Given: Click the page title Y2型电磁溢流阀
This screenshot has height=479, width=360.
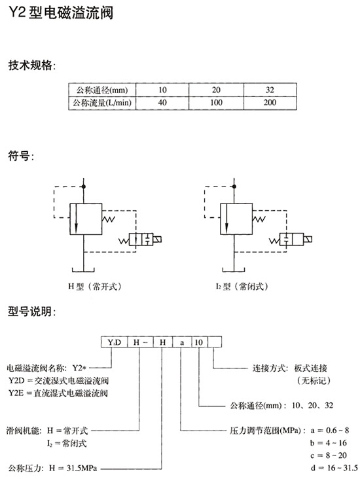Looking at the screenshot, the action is (x=61, y=13).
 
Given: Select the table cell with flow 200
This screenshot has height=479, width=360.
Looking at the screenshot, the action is (x=270, y=103).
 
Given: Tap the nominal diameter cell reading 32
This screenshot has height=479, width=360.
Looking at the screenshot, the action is (x=270, y=90).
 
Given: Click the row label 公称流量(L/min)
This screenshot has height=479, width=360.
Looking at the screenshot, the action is (x=102, y=103).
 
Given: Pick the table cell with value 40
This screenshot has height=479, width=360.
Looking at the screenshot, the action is (x=162, y=103).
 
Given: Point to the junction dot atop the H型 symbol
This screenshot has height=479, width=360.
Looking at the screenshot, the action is (x=84, y=186).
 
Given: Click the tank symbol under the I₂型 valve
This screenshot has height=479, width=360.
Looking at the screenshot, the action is (x=234, y=270).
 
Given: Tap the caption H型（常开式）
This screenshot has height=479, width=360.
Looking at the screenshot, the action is (x=95, y=287).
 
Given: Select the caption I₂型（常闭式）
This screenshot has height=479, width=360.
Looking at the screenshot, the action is (x=242, y=287).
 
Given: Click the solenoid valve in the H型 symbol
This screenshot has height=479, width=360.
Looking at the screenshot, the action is (x=140, y=239).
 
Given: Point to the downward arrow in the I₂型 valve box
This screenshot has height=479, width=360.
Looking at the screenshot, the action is (x=226, y=219).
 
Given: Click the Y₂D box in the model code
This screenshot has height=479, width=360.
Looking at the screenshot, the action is (x=115, y=342).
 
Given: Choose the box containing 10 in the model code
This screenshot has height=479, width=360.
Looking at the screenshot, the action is (x=199, y=342).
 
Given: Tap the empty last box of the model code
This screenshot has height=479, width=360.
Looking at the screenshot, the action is (x=215, y=342).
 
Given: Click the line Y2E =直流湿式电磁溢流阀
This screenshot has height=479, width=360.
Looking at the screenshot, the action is (x=58, y=393).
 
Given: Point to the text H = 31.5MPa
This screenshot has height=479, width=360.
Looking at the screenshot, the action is (x=73, y=468).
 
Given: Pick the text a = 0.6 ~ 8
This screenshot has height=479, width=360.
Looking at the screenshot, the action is (x=329, y=431).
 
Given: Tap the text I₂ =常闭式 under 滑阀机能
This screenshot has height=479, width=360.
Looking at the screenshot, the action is (x=67, y=443).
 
